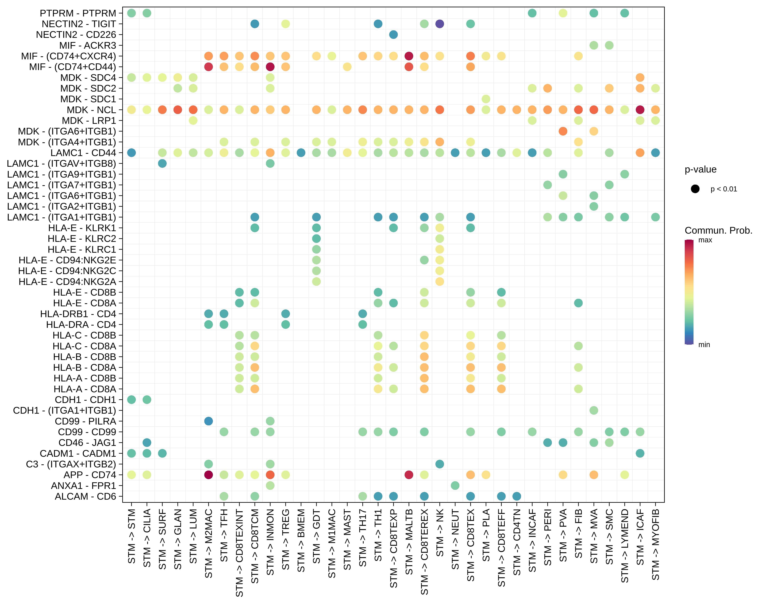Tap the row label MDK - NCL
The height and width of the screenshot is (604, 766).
point(91,110)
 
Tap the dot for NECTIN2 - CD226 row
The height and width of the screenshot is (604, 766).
point(393,35)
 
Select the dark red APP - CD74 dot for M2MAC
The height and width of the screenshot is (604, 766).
point(209,475)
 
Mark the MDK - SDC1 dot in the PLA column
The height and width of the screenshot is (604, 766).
point(486,99)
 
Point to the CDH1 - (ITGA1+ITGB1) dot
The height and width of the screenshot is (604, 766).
point(594,410)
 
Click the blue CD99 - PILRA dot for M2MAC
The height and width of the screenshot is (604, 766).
point(209,421)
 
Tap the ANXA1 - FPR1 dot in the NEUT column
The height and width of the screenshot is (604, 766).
point(455,486)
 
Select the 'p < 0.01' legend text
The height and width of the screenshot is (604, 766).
point(724,189)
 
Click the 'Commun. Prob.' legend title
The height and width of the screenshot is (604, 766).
point(718,231)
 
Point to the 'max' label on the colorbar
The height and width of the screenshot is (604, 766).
point(705,240)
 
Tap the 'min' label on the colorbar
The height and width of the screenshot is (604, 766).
point(704,345)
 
